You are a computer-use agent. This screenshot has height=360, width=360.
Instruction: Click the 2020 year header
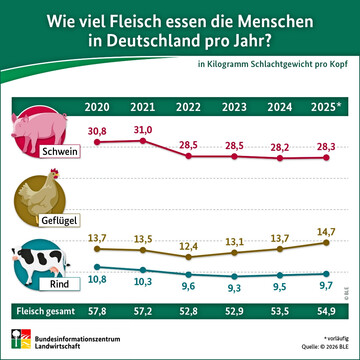click(x=98, y=107)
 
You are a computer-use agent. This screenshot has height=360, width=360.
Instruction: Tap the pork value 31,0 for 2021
click(x=143, y=130)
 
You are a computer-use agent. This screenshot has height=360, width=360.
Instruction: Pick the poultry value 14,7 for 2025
click(x=325, y=231)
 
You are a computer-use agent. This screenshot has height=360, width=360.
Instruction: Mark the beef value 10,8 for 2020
click(x=98, y=281)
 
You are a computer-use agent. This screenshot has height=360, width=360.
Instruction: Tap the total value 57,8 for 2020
click(x=98, y=312)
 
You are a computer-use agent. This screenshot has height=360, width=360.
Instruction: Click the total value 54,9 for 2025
click(x=325, y=312)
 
